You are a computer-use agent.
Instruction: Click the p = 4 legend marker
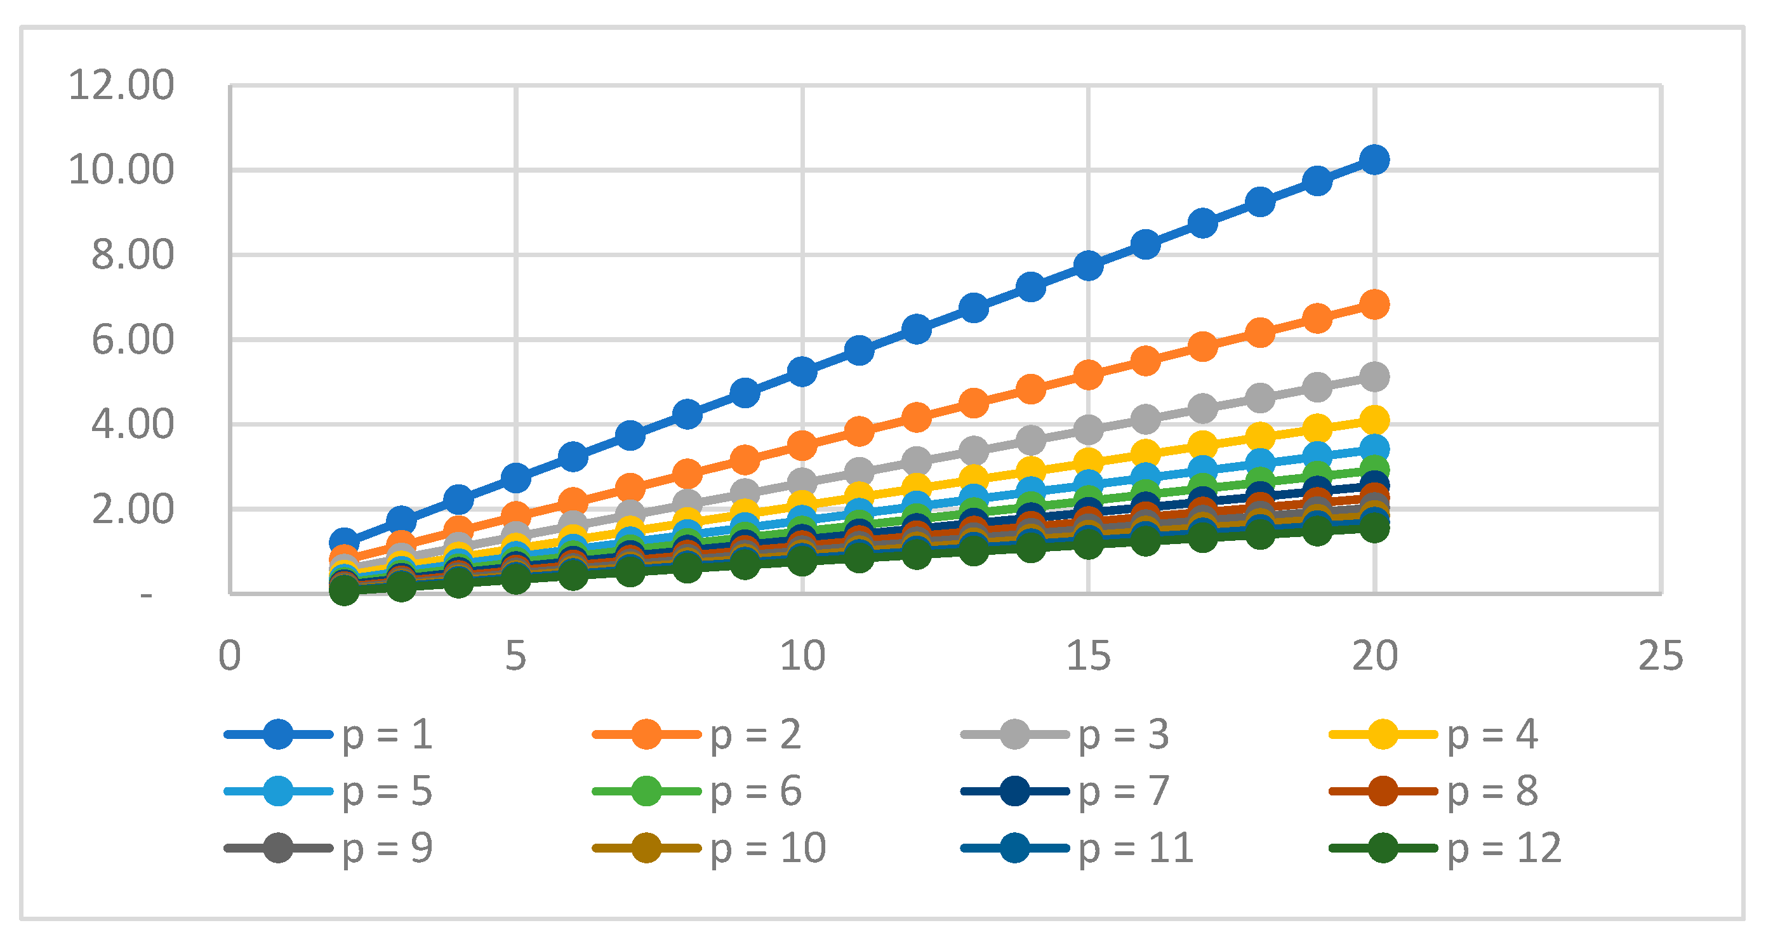pos(1383,734)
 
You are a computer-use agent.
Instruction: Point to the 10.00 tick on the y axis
pos(121,170)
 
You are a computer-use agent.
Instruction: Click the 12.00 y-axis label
pos(121,86)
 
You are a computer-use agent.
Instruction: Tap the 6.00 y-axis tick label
pos(132,340)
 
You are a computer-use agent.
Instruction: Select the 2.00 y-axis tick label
pos(132,509)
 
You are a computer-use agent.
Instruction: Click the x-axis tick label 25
pos(1661,656)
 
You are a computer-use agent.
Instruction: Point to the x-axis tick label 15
pos(1088,656)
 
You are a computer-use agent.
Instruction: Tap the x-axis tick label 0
pos(230,656)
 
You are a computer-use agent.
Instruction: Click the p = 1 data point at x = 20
pos(1374,160)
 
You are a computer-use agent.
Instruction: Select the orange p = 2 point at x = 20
pos(1374,304)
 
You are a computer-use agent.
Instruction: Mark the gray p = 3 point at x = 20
pos(1374,376)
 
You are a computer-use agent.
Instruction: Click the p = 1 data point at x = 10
pos(802,371)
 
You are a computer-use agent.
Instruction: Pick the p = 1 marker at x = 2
pos(344,542)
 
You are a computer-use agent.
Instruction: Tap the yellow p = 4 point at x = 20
pos(1374,420)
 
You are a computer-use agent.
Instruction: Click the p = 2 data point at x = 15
pos(1088,375)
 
